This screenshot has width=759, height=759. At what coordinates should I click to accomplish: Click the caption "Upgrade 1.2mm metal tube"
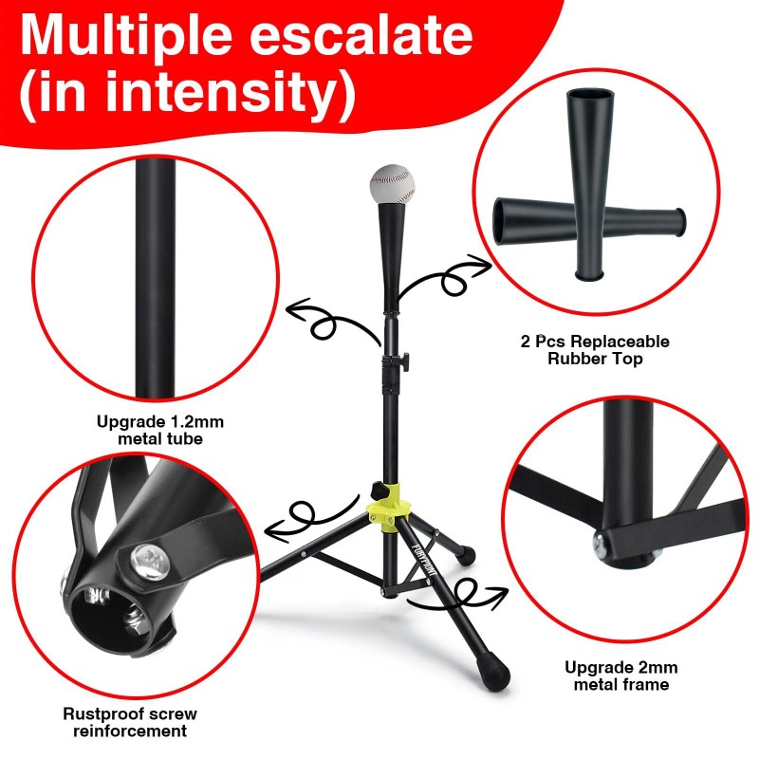click(160, 429)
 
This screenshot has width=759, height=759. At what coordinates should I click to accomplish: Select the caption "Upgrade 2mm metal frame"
click(621, 676)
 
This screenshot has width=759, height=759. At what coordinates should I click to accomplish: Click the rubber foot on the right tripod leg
click(465, 549)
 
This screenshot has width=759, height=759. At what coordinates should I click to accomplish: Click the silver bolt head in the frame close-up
click(602, 544)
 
